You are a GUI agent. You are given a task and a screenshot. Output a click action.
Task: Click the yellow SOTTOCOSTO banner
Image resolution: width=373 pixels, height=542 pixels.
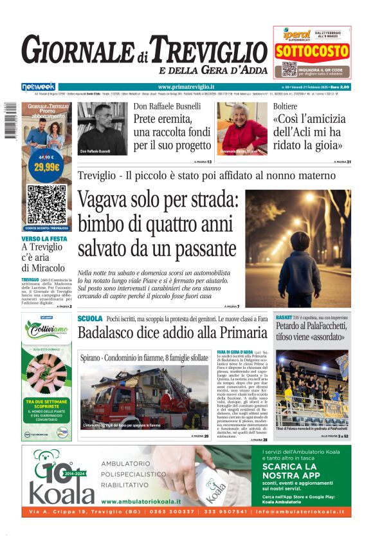tap(312, 51)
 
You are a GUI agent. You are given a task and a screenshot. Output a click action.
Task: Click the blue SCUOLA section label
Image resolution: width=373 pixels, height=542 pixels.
tap(89, 319)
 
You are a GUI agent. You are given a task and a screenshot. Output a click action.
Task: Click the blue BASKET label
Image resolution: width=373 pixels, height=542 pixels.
tap(284, 318)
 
